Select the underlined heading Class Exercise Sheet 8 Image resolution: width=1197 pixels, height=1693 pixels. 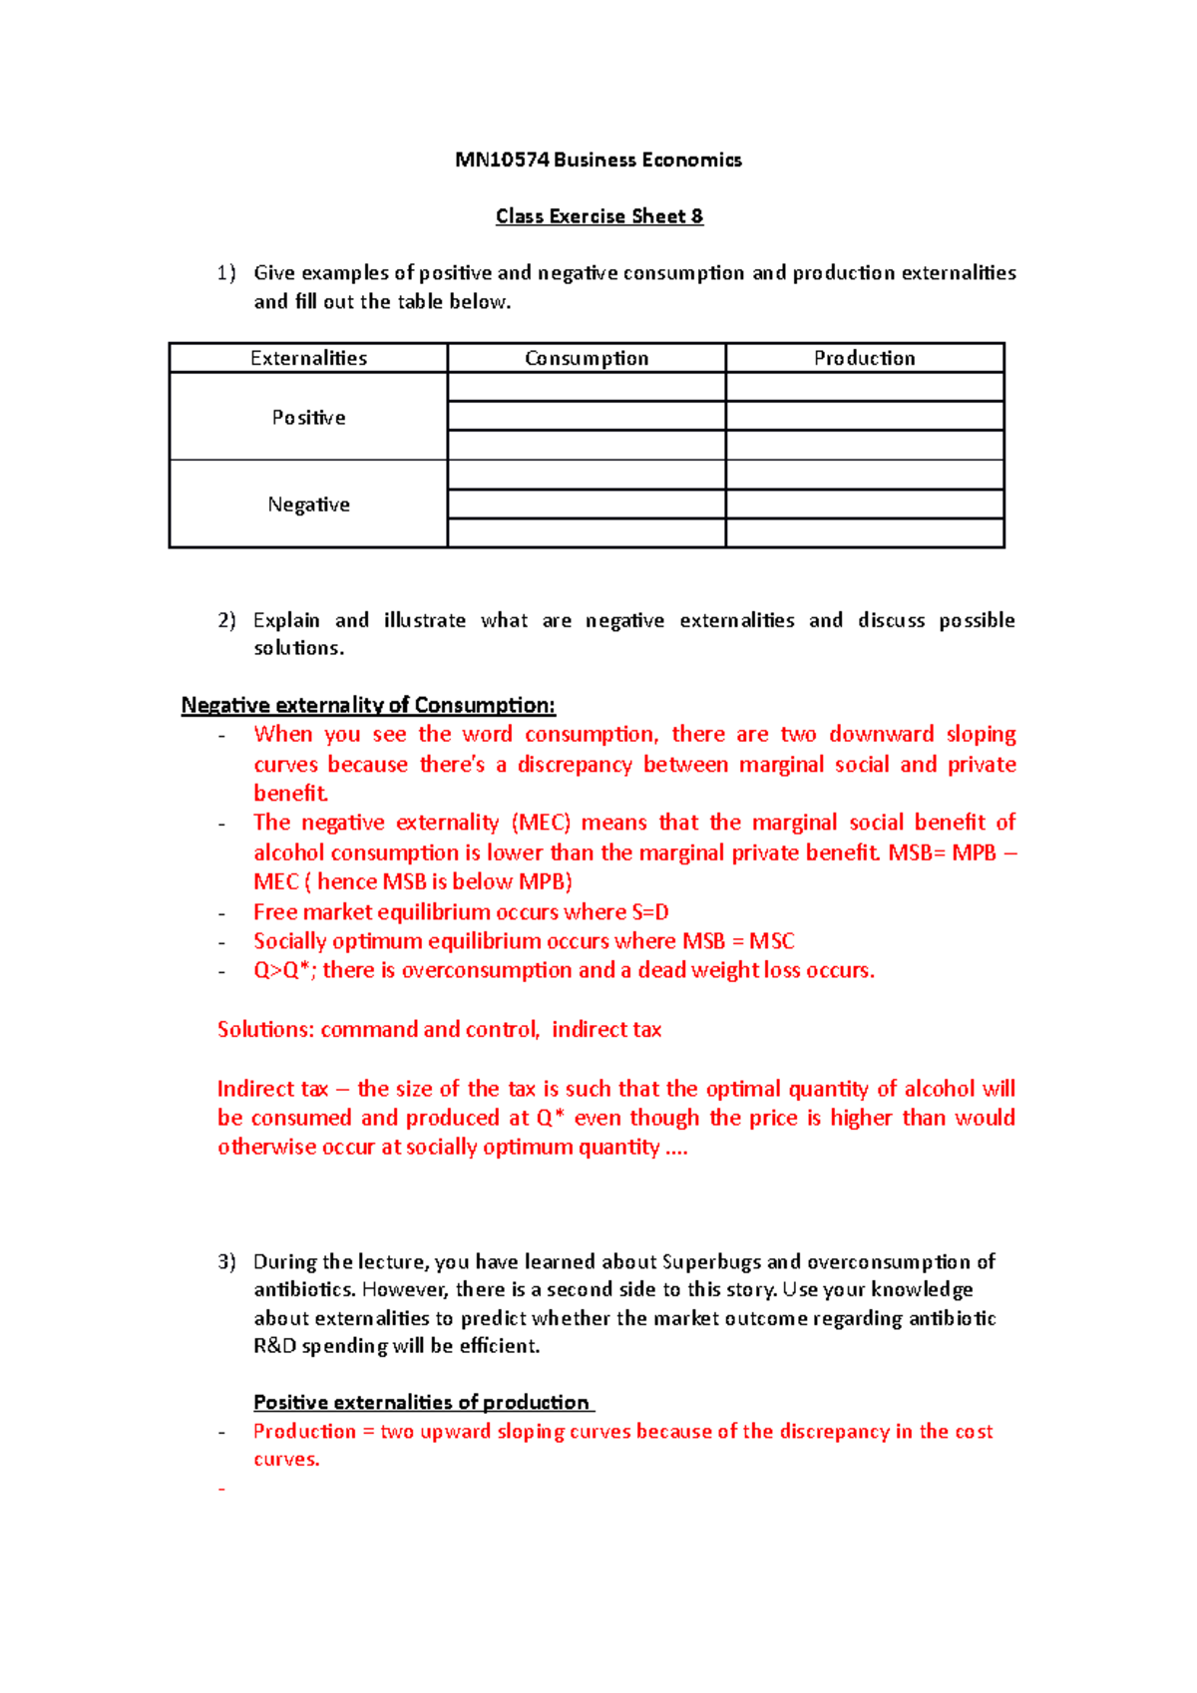[598, 216]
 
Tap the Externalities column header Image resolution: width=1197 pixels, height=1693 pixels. [308, 358]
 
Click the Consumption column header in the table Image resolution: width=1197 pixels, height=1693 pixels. [587, 358]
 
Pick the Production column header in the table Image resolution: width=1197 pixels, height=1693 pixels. [864, 358]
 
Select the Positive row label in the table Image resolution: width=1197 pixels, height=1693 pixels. [308, 418]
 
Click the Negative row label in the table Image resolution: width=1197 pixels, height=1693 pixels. [308, 505]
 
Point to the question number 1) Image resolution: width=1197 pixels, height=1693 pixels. [226, 273]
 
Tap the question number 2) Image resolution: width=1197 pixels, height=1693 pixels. [226, 620]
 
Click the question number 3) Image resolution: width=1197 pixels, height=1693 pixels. [226, 1262]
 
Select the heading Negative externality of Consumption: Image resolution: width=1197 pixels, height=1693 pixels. [368, 706]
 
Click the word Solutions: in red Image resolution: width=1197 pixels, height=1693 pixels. [265, 1030]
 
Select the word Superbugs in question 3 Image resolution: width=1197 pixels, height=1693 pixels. [711, 1262]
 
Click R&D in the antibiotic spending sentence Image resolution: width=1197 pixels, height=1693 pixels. [274, 1346]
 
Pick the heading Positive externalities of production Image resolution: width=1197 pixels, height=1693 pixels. [422, 1403]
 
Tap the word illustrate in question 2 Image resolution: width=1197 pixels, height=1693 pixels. [425, 620]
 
